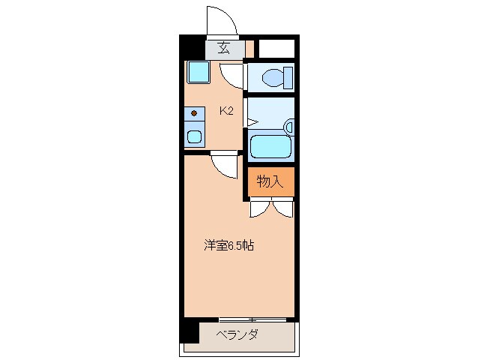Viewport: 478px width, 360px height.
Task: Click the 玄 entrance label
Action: pos(223,49)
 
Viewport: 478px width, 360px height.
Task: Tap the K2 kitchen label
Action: pos(226,112)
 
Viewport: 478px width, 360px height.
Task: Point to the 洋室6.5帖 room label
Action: pos(229,245)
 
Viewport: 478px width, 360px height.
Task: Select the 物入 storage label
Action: pos(270,181)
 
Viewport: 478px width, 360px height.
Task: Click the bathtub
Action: pos(270,145)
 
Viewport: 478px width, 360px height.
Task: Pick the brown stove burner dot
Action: pos(195,113)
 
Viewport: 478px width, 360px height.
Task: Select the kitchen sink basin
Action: pos(195,136)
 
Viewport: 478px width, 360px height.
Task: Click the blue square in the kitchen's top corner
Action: pos(199,73)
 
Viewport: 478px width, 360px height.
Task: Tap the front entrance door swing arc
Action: pos(223,21)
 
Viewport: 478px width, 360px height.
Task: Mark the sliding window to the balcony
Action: pos(252,319)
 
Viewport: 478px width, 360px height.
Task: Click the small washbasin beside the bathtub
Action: pos(289,127)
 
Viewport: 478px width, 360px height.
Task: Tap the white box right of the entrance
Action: pos(276,49)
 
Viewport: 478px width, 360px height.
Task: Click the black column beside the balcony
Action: pos(190,331)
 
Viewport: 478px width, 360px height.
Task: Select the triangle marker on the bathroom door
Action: pos(252,122)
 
